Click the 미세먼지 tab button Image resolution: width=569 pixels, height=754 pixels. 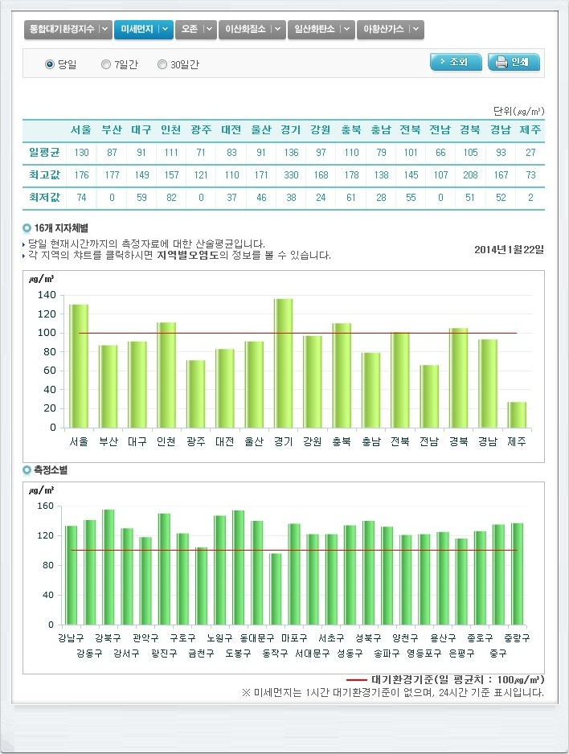coord(143,30)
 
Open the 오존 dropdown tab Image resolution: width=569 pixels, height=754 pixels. coord(195,30)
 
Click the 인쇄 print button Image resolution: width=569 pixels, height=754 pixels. coord(514,62)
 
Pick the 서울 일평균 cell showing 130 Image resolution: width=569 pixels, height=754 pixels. coord(81,154)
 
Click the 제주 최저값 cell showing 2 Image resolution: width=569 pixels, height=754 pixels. coord(530,199)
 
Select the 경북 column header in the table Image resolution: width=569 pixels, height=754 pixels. coord(470,130)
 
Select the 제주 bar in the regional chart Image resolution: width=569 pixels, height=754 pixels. coord(517,415)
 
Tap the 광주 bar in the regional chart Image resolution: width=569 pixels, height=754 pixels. coord(195,394)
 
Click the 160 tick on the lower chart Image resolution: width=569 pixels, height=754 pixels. coord(45,506)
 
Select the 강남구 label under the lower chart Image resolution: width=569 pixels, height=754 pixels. coord(72,638)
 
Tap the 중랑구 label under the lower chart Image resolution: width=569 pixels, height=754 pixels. coord(517,638)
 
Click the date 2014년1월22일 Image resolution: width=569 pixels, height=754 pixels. coord(509,250)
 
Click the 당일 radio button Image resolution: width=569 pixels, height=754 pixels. coord(50,64)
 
